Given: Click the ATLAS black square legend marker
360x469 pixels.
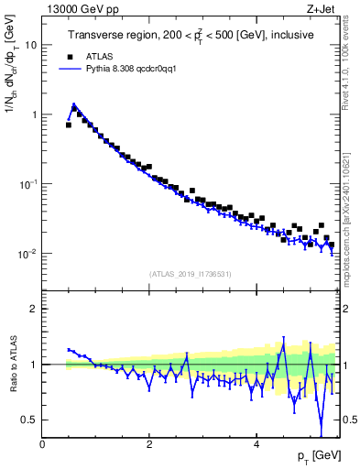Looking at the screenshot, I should pos(69,55).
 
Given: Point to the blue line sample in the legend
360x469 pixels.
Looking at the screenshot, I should pos(69,68).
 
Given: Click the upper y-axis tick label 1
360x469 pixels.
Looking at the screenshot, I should pos(34,115).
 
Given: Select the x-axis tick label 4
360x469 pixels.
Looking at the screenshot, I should pos(256,443).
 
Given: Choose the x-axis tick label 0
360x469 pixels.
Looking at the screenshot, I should pos(42,443).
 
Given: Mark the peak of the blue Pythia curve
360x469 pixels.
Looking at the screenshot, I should pos(73,104).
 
